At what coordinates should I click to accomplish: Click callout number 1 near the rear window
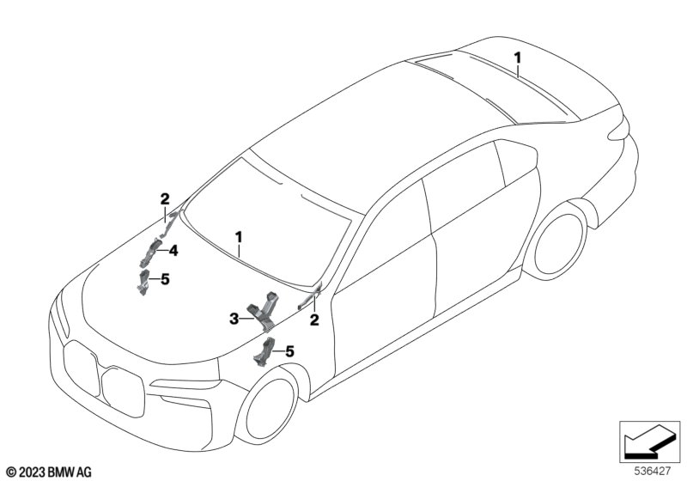click(x=517, y=58)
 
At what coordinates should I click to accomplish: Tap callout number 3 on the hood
click(x=234, y=320)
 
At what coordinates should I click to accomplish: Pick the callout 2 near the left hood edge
click(x=164, y=200)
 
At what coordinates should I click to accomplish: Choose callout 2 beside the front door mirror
click(x=314, y=320)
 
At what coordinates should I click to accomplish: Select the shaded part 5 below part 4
click(x=143, y=282)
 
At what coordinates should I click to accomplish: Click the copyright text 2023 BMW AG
click(x=49, y=472)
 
